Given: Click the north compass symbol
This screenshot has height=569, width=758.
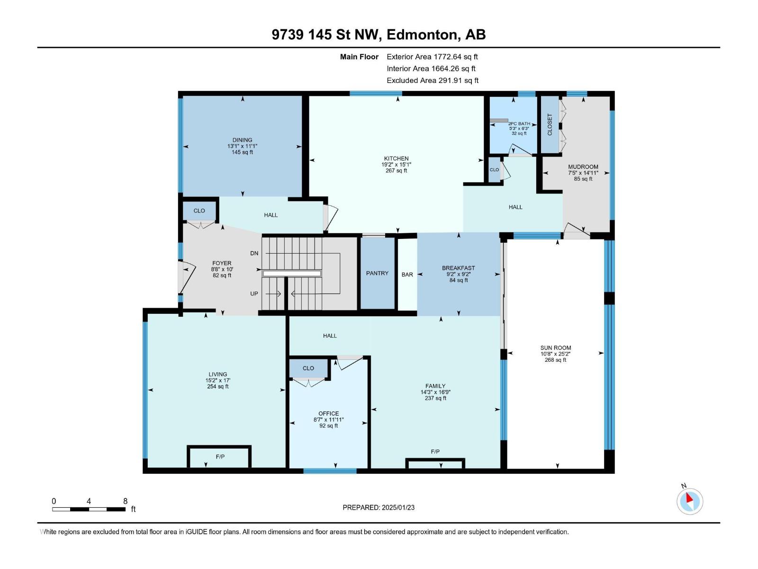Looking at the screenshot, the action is [x=689, y=501].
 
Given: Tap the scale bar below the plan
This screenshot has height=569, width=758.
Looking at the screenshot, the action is [x=89, y=509].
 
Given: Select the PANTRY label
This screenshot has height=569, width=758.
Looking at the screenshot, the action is [x=377, y=273].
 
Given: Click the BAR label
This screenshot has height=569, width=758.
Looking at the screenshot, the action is [x=407, y=275].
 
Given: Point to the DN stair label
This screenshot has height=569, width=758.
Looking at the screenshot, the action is [x=254, y=253].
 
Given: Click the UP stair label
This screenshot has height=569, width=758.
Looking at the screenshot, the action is [x=254, y=294].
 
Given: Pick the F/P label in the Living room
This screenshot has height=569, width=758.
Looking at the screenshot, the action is [x=220, y=457].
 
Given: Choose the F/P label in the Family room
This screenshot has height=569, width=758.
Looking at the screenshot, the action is [x=435, y=451].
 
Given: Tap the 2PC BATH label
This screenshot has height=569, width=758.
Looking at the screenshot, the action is [x=519, y=124].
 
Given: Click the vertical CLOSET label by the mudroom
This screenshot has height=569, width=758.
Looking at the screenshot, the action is [x=550, y=125].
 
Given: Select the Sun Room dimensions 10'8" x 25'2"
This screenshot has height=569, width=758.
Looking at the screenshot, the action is [x=556, y=354].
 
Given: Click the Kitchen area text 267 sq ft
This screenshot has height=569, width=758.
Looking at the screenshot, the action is [x=397, y=171].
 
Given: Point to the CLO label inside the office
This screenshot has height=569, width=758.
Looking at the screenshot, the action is [x=308, y=368].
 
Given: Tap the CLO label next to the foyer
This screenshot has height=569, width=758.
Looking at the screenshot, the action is [x=199, y=211].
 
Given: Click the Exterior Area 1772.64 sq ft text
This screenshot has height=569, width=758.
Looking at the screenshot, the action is [x=433, y=56].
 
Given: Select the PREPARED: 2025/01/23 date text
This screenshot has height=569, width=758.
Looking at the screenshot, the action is [x=379, y=507].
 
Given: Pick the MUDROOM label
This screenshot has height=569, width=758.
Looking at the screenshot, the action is [x=583, y=167].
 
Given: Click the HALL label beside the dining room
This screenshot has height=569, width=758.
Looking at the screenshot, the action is [x=271, y=215].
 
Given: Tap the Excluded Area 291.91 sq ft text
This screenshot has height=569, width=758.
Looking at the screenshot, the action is [x=433, y=81].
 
